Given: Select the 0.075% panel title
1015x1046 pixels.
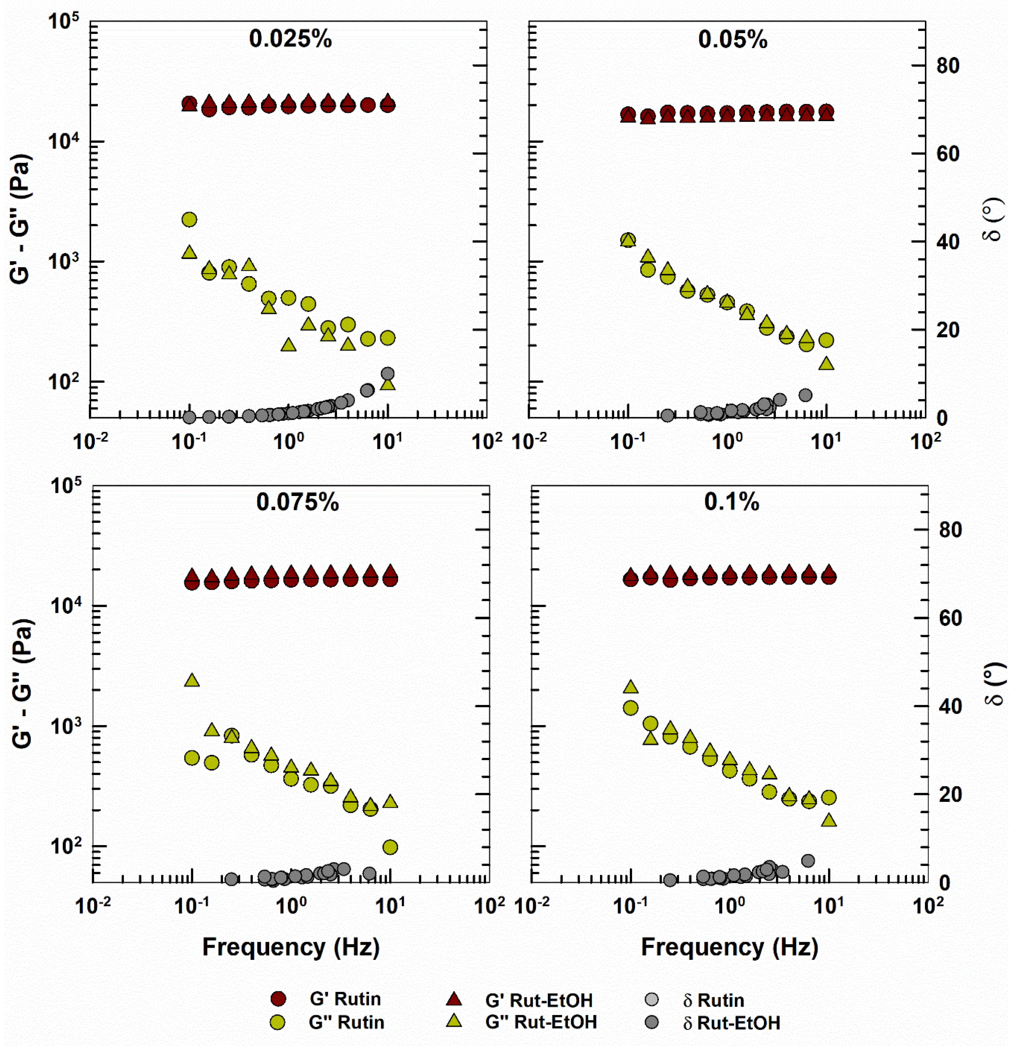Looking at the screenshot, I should coord(297,502).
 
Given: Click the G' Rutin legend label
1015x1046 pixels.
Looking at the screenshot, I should coord(345,998).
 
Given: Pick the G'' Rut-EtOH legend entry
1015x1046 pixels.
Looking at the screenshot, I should coord(541,1022).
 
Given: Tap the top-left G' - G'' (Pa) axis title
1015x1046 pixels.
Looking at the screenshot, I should coord(21,220).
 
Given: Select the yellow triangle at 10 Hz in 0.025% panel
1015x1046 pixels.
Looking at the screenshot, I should coord(388,384).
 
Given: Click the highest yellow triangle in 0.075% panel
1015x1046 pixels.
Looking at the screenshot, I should coord(192,680).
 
